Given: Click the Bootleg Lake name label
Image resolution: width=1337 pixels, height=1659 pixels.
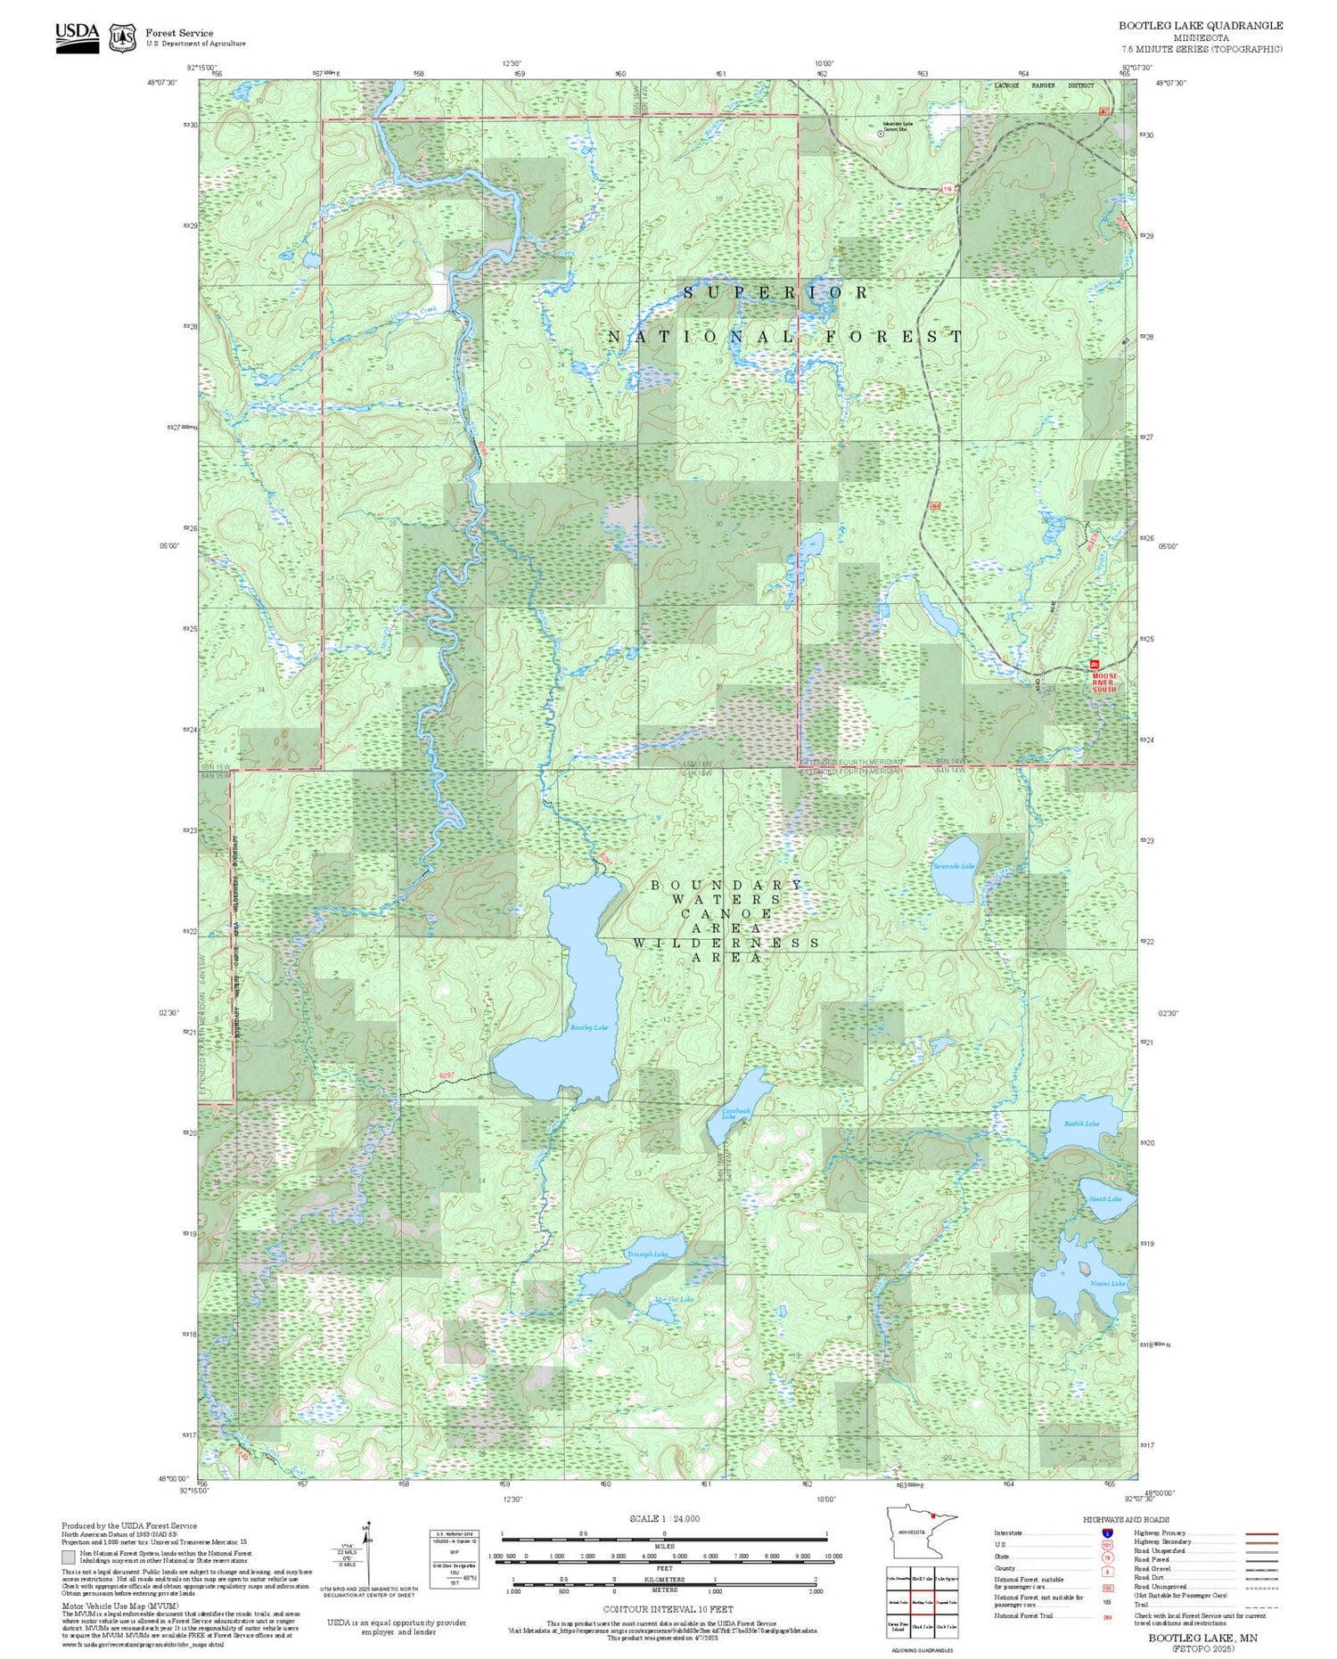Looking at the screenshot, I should coord(588,1027).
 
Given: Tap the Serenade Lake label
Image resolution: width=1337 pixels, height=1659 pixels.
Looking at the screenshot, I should coord(953,865).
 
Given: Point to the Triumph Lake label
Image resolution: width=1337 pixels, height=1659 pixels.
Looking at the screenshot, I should coord(646,1254).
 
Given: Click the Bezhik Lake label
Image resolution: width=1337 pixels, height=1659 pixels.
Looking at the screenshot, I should coord(1081,1124).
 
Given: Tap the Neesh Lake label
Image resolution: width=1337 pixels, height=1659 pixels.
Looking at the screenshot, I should coord(1105,1198).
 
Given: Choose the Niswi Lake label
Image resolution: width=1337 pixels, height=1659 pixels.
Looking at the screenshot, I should coord(1107,1283).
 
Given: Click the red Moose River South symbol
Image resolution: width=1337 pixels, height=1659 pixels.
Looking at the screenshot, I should coord(1095,665).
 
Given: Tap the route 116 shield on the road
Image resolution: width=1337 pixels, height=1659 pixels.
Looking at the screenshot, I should coord(947,188).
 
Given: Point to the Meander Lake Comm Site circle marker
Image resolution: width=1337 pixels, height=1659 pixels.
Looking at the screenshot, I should coord(882,133).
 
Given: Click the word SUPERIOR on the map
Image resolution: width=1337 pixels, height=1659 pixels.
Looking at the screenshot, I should coord(775,292).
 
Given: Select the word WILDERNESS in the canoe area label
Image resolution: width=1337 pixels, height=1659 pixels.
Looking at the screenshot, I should coord(726,942).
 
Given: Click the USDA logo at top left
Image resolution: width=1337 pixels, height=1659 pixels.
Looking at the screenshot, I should coord(77,37).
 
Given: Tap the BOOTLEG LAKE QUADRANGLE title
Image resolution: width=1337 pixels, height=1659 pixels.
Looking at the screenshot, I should coord(1201,25).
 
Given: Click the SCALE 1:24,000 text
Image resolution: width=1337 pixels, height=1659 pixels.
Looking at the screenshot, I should coord(664,1518).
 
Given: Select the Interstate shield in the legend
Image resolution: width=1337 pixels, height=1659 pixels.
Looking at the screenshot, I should coord(1107,1532).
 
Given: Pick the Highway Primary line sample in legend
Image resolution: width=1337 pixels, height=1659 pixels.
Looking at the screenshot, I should coord(1258,1533).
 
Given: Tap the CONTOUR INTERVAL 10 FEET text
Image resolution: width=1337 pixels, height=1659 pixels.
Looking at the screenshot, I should coord(668,1609).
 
